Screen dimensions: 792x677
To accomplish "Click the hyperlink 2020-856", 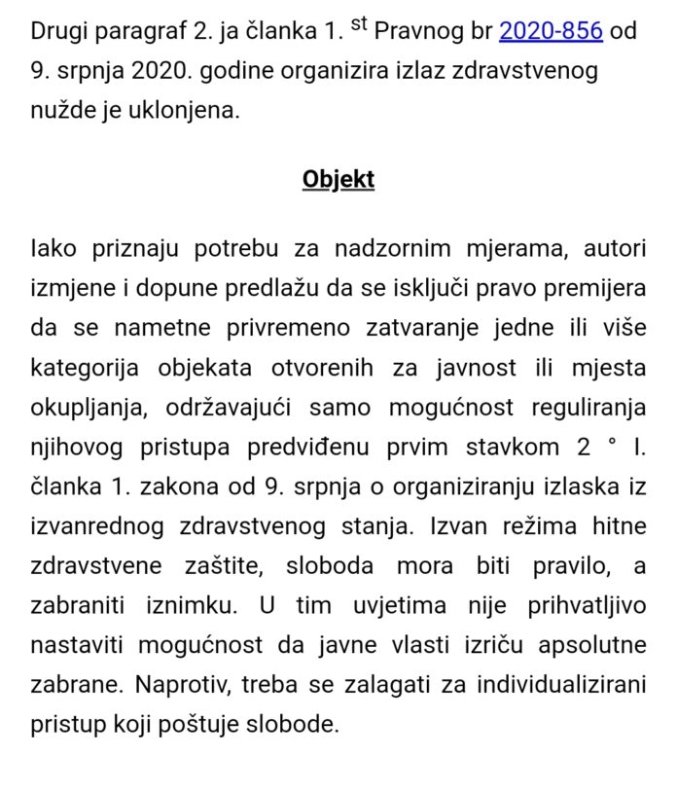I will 551,31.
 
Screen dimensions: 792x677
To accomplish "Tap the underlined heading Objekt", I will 338,180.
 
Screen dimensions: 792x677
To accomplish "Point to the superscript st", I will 359,24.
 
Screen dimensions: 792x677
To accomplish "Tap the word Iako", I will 53,249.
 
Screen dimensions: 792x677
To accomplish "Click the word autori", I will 615,249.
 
